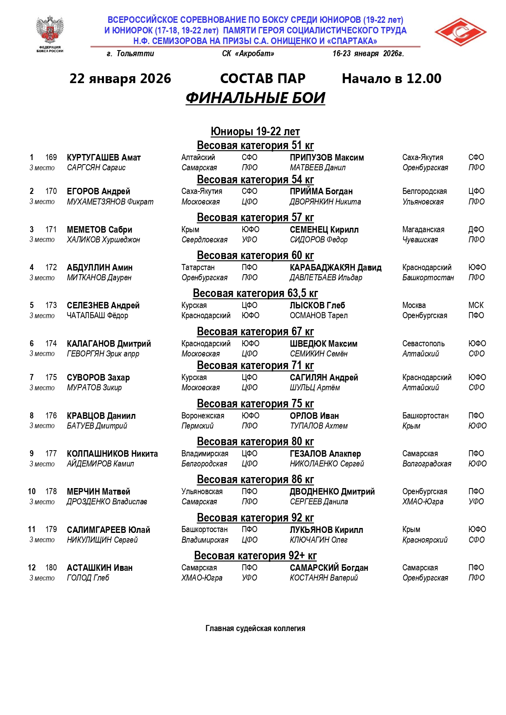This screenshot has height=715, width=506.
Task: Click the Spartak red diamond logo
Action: [x=460, y=32]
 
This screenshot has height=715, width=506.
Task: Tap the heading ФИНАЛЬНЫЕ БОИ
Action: [x=255, y=98]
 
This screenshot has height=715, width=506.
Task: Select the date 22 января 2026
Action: [x=120, y=79]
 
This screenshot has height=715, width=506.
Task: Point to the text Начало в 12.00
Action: [x=391, y=79]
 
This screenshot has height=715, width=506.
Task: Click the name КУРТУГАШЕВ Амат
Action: [x=104, y=158]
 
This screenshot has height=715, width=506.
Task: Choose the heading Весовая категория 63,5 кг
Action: [x=255, y=293]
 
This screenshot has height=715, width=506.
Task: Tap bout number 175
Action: [x=51, y=378]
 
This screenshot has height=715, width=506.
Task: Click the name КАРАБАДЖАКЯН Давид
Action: [x=336, y=268]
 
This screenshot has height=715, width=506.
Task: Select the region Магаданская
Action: [x=423, y=230]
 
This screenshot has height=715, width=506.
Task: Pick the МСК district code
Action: [x=476, y=306]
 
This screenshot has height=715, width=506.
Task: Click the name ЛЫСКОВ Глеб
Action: [x=317, y=306]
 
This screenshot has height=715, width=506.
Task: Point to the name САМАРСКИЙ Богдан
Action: [x=329, y=568]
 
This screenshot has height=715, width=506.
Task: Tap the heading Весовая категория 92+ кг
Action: [x=255, y=556]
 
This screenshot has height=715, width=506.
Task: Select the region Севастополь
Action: [x=423, y=344]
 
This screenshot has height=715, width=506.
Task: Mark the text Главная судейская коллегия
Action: [x=255, y=629]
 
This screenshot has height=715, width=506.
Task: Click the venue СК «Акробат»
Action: [x=248, y=54]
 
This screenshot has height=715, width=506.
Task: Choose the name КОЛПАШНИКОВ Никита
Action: [x=112, y=454]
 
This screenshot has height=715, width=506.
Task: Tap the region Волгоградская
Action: [x=426, y=464]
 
